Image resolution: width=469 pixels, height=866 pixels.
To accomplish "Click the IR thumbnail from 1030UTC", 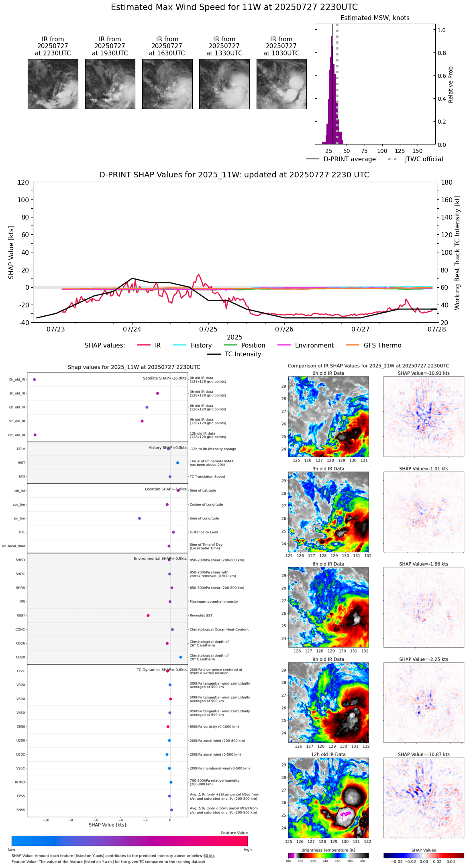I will [281, 84].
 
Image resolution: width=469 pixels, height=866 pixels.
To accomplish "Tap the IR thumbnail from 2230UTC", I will [53, 84].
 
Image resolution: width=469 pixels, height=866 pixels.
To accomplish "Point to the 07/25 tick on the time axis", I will [208, 329].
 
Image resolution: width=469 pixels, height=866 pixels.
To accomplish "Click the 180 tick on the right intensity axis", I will [447, 183].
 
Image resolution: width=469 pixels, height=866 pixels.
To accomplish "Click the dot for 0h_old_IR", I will [35, 379].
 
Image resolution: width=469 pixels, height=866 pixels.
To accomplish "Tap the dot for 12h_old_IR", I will [35, 435].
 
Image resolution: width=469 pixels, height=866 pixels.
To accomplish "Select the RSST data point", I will [148, 615].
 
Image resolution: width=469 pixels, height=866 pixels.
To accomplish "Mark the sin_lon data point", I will [139, 518].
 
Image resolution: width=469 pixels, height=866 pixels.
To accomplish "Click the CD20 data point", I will [181, 657].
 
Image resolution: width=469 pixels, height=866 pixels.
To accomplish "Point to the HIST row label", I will [21, 463].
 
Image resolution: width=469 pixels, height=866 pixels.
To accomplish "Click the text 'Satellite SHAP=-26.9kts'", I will [165, 378].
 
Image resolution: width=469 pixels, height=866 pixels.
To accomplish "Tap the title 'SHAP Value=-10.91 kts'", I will [424, 373].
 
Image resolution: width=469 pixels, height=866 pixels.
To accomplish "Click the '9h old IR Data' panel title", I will [328, 659].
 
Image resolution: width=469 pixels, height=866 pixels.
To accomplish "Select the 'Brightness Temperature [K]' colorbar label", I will [328, 850].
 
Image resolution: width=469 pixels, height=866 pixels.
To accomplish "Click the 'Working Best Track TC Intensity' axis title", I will [457, 253].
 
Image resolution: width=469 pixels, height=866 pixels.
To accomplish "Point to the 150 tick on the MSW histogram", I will [418, 151].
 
